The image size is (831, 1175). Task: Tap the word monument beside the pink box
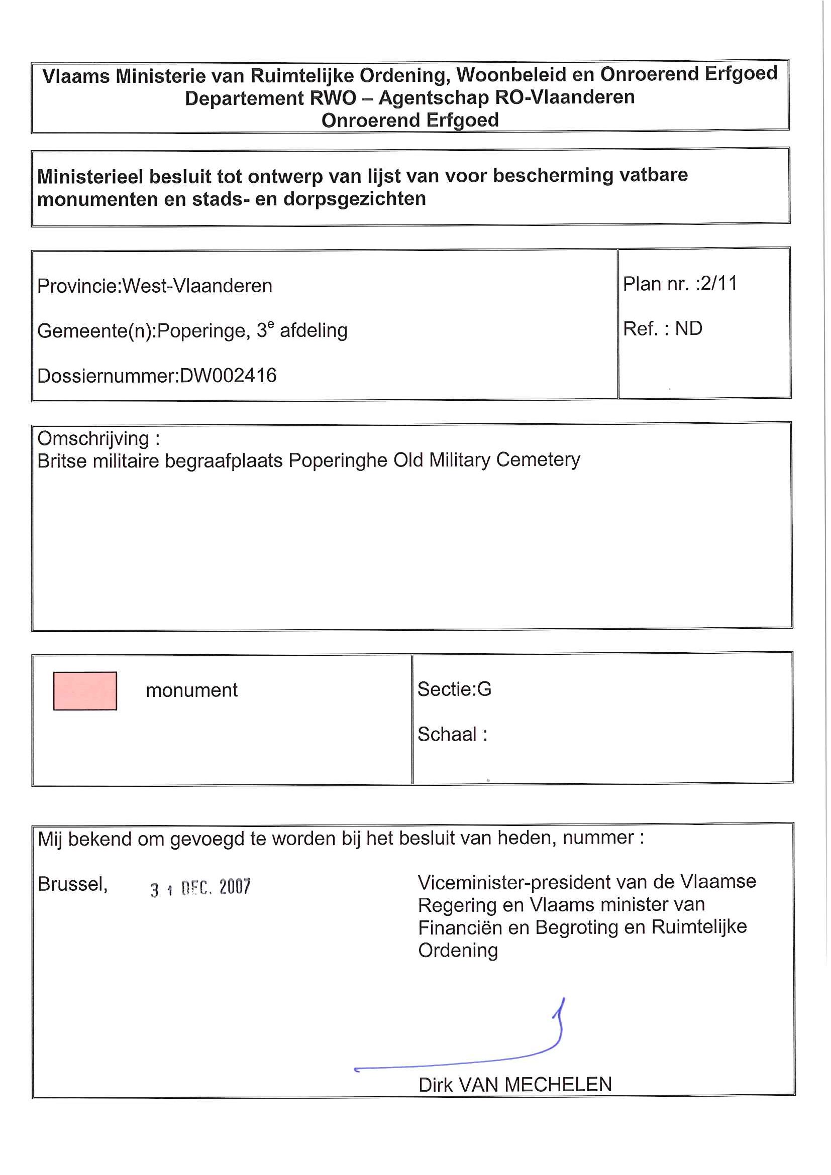(191, 690)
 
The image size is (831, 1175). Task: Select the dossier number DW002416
(228, 376)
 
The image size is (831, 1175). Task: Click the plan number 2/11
(718, 284)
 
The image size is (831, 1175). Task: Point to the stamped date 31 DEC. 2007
(200, 887)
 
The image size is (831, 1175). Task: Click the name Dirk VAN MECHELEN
(514, 1085)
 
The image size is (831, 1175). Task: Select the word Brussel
(72, 884)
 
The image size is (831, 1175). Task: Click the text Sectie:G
(454, 689)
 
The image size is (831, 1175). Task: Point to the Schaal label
(447, 734)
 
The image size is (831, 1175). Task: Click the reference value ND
(688, 328)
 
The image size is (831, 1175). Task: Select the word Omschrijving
(93, 438)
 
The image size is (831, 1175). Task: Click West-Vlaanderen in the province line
(197, 286)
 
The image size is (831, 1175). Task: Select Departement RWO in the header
(270, 98)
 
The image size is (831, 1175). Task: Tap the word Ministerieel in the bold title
(90, 177)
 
